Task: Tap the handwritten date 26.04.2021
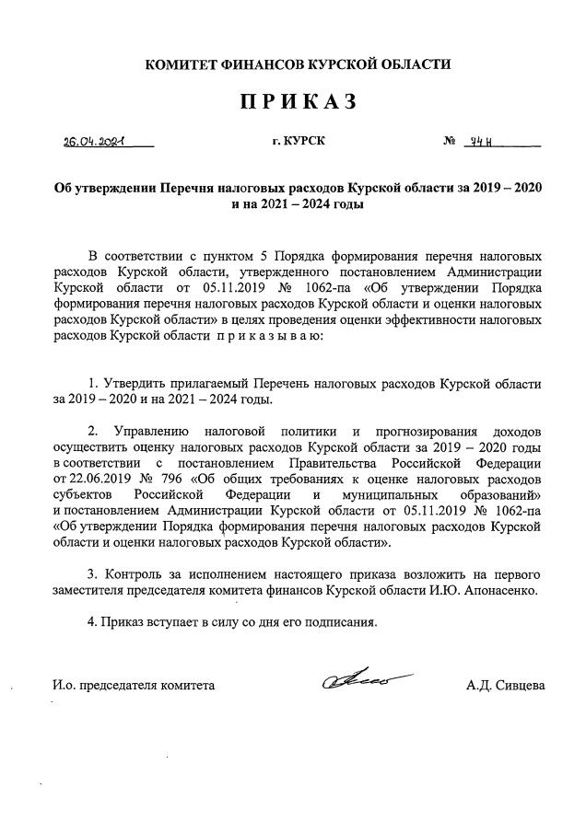pyautogui.click(x=93, y=143)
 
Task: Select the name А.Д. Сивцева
pyautogui.click(x=506, y=685)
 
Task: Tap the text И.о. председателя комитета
pyautogui.click(x=134, y=685)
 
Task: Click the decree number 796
pyautogui.click(x=175, y=479)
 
